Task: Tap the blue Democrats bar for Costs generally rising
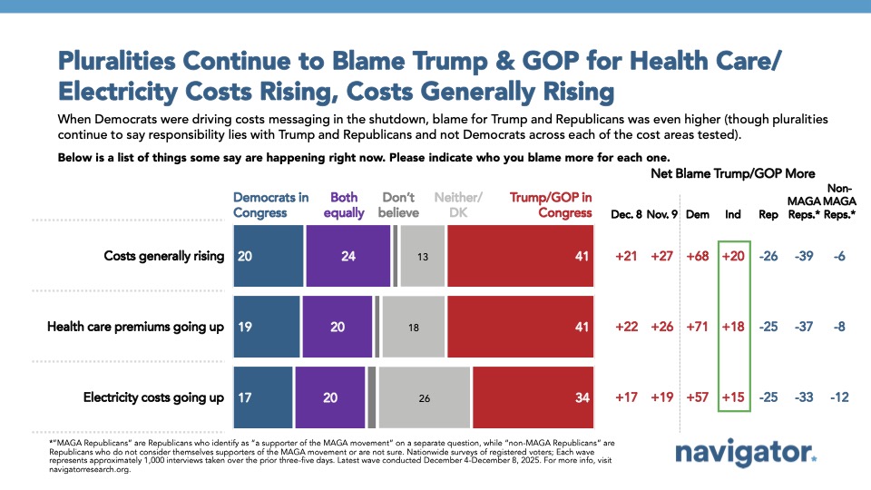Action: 267,256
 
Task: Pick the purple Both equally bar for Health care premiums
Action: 338,327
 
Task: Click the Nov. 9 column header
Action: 662,214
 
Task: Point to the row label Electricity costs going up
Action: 152,397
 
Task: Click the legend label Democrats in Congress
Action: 271,205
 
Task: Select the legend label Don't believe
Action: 397,205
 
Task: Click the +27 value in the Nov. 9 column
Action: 662,256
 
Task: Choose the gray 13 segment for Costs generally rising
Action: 423,256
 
